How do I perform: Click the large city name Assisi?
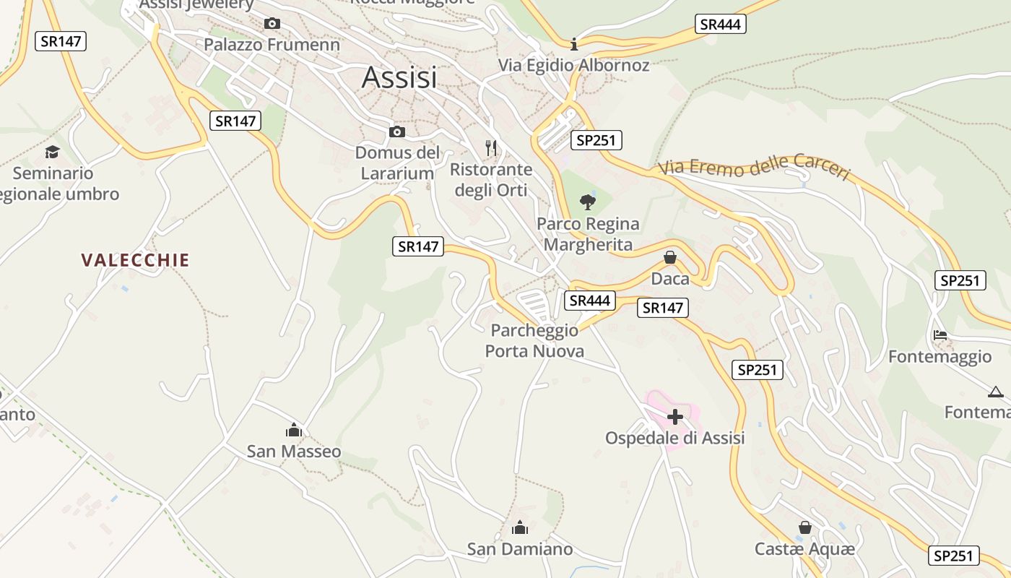[x=399, y=77]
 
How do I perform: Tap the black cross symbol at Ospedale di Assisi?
[x=675, y=417]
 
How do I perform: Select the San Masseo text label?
[x=294, y=452]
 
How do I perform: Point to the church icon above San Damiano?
[x=519, y=528]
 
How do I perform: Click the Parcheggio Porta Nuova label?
[x=534, y=341]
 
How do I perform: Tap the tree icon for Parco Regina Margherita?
[x=588, y=202]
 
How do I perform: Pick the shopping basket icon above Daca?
[x=670, y=257]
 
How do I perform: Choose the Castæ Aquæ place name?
[x=804, y=549]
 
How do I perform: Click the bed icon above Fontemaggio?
[x=940, y=335]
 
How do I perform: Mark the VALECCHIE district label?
[x=136, y=260]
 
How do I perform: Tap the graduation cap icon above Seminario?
[x=52, y=152]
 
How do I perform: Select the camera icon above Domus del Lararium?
[x=396, y=131]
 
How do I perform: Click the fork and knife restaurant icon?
[x=491, y=148]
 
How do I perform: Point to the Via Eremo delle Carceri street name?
[x=754, y=166]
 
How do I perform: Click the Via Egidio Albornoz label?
[x=574, y=65]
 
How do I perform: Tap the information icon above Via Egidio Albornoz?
[x=574, y=44]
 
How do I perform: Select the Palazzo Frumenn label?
[x=272, y=45]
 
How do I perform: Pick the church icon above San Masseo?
[x=293, y=431]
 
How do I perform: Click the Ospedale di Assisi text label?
[x=674, y=438]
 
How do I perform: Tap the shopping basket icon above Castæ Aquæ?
[x=805, y=528]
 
